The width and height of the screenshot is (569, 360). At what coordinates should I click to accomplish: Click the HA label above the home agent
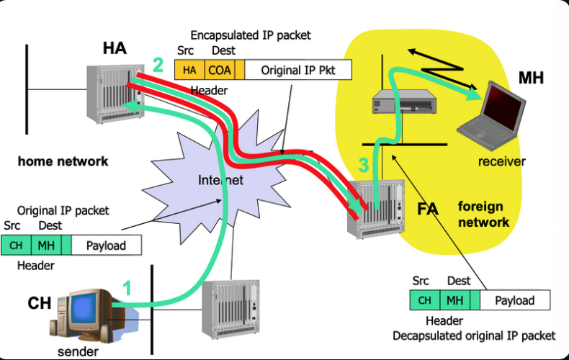(x=115, y=48)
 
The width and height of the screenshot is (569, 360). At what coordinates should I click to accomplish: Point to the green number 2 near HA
(x=158, y=66)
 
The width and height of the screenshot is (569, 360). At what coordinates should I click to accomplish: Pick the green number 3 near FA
(x=364, y=166)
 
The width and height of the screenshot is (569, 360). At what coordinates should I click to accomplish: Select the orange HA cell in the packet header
(x=189, y=70)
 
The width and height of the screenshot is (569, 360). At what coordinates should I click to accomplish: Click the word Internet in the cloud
(x=220, y=180)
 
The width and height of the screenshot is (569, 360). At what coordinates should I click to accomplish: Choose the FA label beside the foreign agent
(x=428, y=210)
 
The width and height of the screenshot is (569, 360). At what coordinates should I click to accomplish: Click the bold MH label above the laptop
(x=532, y=78)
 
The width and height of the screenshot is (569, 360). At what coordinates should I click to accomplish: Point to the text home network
(x=63, y=161)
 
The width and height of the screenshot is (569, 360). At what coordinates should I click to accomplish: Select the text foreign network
(x=483, y=215)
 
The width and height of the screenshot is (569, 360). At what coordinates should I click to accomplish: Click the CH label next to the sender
(x=39, y=303)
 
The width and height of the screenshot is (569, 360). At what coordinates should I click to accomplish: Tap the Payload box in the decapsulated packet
(x=514, y=300)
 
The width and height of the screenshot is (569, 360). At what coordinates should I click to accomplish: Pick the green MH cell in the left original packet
(x=46, y=246)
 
